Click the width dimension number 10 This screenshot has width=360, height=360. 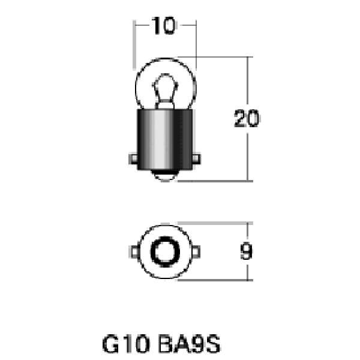163,27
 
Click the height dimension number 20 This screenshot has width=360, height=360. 247,119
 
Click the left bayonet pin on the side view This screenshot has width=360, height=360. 133,160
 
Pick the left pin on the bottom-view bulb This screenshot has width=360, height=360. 133,250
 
